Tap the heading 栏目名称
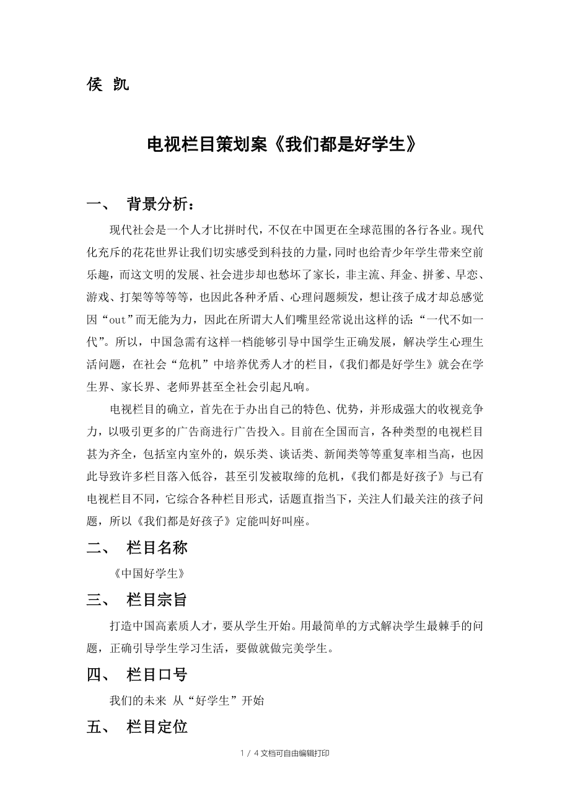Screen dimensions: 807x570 pos(157,547)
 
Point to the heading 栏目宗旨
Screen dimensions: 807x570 pos(157,600)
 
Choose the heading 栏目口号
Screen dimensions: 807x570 pos(157,674)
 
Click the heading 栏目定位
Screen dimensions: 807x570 pos(157,727)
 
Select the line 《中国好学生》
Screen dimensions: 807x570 pos(149,573)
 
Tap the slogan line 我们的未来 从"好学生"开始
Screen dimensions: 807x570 pos(186,700)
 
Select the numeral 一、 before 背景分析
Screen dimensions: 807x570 pos(98,205)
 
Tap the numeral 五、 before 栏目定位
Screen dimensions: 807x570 pos(98,727)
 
